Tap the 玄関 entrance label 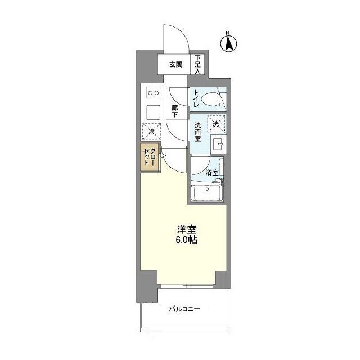[176, 65]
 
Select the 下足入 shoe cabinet [197, 64]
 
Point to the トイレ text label [196, 99]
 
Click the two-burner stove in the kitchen [154, 93]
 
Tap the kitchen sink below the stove [154, 112]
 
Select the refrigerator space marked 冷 [151, 131]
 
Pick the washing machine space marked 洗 [217, 124]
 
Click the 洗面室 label [197, 132]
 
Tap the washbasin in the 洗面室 [218, 144]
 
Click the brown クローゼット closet [150, 157]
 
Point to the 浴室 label [211, 173]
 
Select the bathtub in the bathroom [208, 193]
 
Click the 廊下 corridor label [175, 111]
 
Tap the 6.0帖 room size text [186, 240]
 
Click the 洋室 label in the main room [186, 229]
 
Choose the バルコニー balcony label [184, 309]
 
